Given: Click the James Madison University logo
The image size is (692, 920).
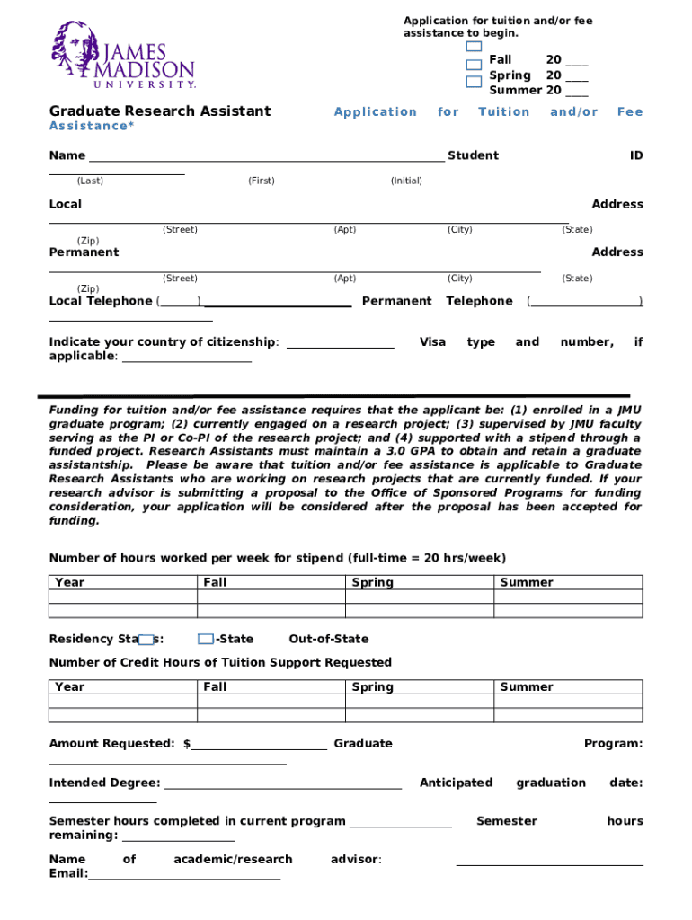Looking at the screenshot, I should pyautogui.click(x=122, y=55).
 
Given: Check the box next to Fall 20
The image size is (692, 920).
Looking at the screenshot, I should pyautogui.click(x=474, y=47).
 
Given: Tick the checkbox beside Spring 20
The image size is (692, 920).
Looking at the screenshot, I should pyautogui.click(x=474, y=65).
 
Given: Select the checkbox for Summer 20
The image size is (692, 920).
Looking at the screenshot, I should pyautogui.click(x=474, y=82).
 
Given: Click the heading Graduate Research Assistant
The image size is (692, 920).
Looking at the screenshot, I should pyautogui.click(x=159, y=111).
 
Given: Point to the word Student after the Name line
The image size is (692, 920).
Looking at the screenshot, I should pyautogui.click(x=473, y=155).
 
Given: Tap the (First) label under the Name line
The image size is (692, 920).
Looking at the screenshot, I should pyautogui.click(x=262, y=181).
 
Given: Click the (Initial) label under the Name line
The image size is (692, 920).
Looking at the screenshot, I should pyautogui.click(x=406, y=181).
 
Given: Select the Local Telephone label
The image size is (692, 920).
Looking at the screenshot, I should pyautogui.click(x=101, y=301).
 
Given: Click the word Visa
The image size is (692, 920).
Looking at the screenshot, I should pyautogui.click(x=433, y=341).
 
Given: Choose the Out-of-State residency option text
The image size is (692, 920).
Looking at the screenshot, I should pyautogui.click(x=328, y=639).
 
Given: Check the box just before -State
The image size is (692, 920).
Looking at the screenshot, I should pyautogui.click(x=206, y=639).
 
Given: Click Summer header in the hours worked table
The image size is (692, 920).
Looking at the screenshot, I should pyautogui.click(x=527, y=582).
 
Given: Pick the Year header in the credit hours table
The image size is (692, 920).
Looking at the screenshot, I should pyautogui.click(x=69, y=686).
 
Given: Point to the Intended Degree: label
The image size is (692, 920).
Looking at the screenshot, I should pyautogui.click(x=104, y=783).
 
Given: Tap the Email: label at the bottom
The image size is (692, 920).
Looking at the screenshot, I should pyautogui.click(x=68, y=873).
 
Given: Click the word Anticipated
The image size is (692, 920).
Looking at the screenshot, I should pyautogui.click(x=456, y=783).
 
